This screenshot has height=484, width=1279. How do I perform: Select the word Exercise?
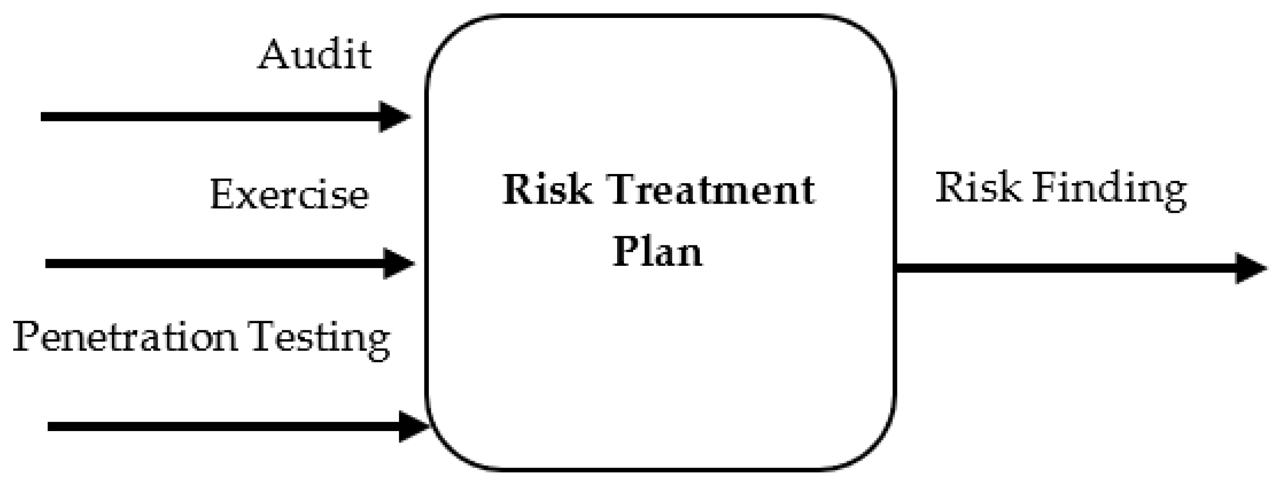290,194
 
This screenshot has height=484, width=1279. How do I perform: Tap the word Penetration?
125,337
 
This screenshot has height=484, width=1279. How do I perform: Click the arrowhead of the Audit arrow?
394,117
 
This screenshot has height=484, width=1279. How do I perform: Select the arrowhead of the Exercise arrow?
399,263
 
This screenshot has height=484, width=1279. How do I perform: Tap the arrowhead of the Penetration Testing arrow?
414,427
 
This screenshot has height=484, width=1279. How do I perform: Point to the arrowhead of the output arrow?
1250,268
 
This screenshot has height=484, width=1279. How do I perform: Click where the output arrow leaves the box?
897,268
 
